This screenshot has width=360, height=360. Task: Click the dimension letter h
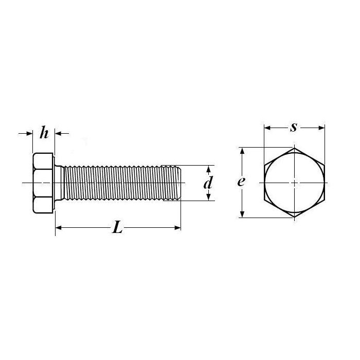[44, 133]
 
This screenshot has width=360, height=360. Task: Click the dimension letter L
[117, 227]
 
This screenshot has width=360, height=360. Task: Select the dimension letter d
[208, 183]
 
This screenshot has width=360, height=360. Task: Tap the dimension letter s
[294, 128]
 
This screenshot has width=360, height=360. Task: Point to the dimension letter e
[241, 182]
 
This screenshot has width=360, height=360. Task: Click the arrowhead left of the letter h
[30, 133]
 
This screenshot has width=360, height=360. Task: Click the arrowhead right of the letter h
[58, 133]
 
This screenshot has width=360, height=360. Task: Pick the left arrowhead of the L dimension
[58, 228]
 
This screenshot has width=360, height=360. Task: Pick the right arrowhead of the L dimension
[178, 228]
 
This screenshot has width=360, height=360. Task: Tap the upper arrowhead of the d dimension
[208, 169]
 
